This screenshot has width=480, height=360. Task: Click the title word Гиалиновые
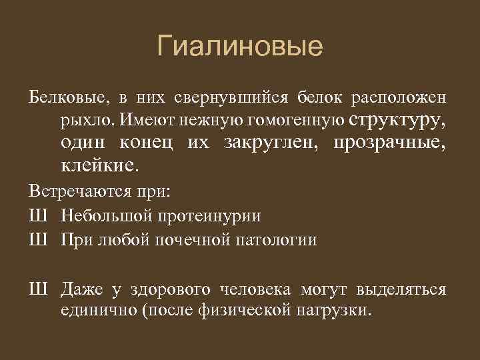coord(240,47)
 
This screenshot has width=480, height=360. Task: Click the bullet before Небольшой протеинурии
coord(37,216)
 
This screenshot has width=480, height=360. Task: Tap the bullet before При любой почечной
coord(37,239)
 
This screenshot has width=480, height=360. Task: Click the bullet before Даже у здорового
coord(37,289)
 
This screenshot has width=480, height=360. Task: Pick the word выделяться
coord(401,289)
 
